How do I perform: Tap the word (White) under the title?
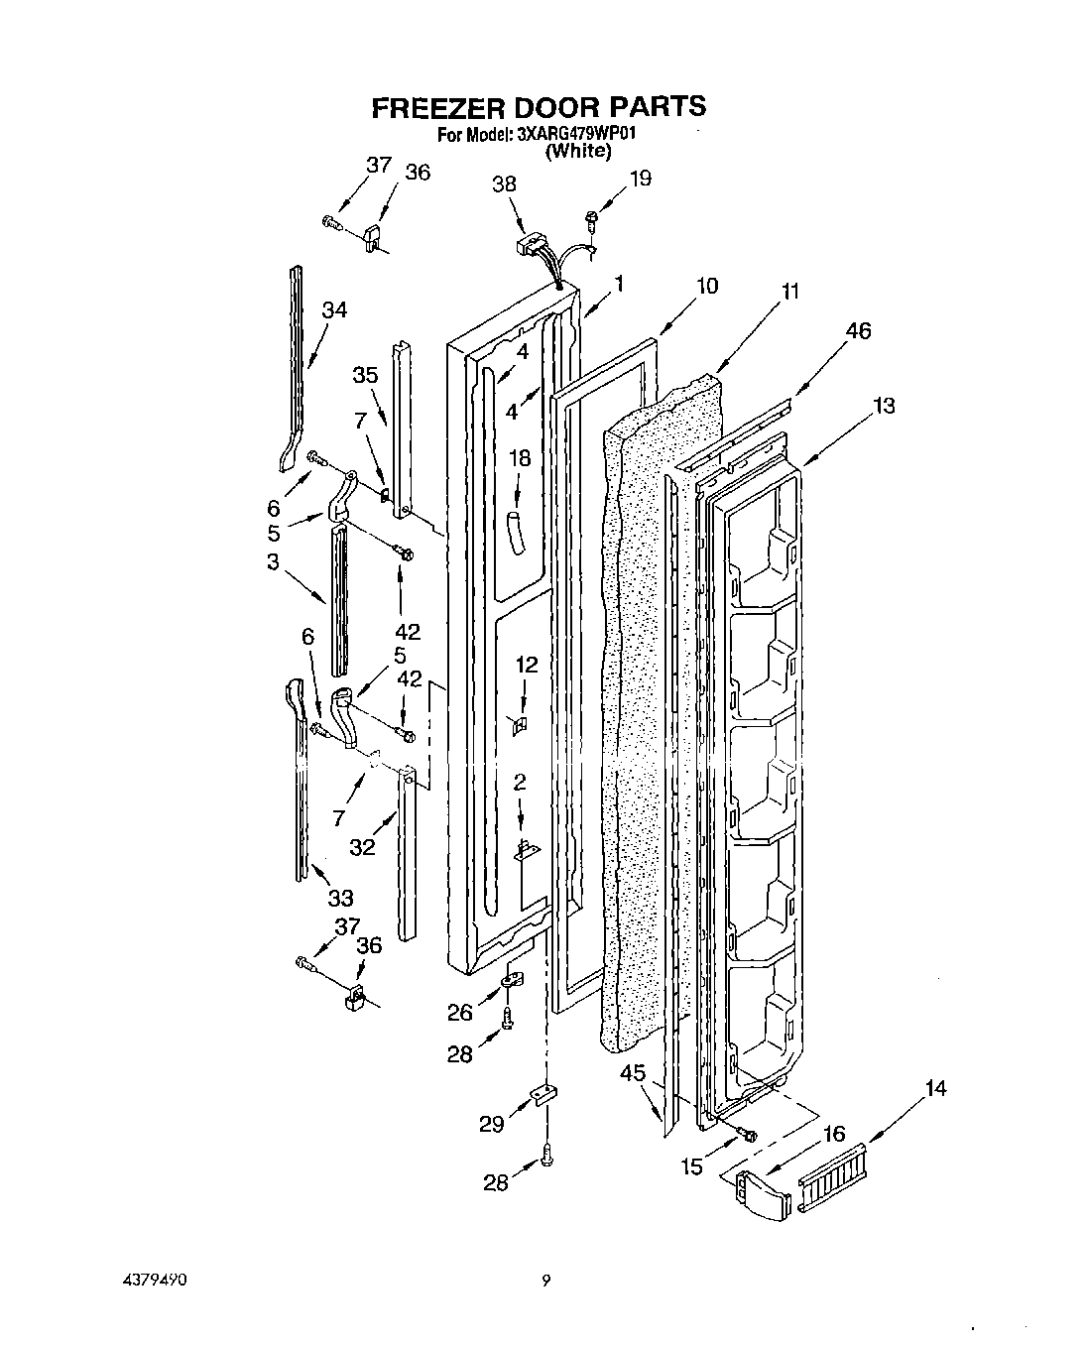[578, 151]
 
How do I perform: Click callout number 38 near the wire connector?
[504, 184]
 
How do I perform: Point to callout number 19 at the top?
[640, 179]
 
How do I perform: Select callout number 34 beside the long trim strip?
[334, 310]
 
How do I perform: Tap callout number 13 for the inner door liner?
[883, 405]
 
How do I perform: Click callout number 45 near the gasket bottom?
[633, 1072]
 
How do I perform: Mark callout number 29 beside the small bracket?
[492, 1124]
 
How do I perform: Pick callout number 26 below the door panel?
[459, 1012]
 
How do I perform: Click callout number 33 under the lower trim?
[340, 898]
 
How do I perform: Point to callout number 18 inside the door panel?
[520, 458]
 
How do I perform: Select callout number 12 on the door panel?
[527, 665]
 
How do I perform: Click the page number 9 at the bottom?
[544, 1282]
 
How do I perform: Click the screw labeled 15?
[748, 1134]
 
